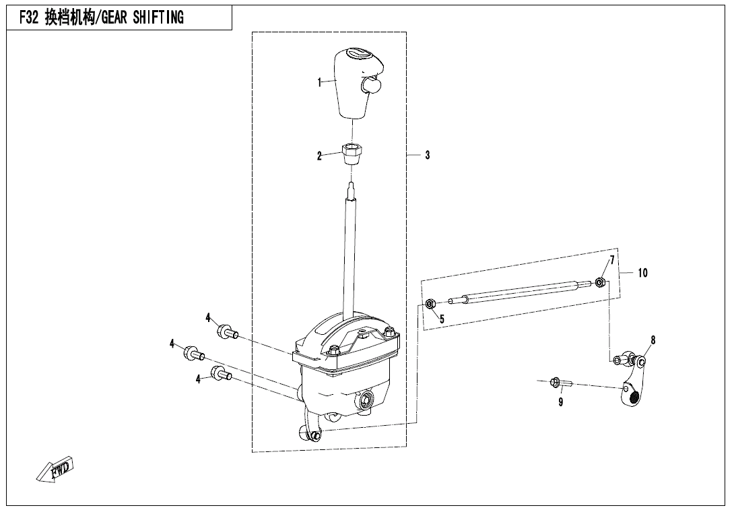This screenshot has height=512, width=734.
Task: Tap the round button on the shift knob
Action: tap(370, 86)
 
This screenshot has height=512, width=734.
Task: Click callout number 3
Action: tap(427, 155)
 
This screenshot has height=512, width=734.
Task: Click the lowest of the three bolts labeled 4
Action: tap(222, 373)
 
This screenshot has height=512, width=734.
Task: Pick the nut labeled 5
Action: tap(431, 304)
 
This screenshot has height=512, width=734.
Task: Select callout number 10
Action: tap(642, 273)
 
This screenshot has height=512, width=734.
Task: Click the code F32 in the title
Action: tap(28, 18)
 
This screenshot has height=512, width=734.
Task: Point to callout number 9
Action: tap(560, 402)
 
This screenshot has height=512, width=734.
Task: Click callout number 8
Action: tap(653, 340)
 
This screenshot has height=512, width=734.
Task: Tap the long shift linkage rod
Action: tap(520, 291)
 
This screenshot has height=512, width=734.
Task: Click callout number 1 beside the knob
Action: tap(319, 82)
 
